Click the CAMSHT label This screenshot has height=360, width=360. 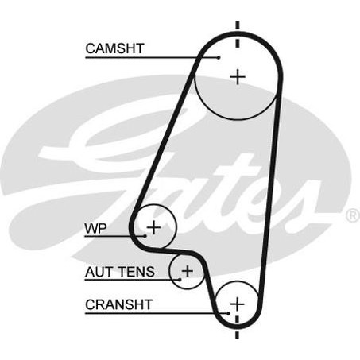click(x=114, y=48)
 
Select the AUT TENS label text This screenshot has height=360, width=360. click(x=120, y=272)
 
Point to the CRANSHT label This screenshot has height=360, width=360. click(x=118, y=304)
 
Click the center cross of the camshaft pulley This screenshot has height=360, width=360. click(x=238, y=77)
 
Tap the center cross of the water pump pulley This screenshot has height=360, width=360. click(x=153, y=227)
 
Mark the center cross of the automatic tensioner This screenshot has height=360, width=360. click(x=188, y=271)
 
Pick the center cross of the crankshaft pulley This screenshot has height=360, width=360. click(x=237, y=304)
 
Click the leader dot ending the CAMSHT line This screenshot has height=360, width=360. click(x=219, y=57)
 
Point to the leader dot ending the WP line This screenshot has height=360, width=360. click(x=145, y=236)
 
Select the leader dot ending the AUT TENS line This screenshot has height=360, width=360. click(x=180, y=280)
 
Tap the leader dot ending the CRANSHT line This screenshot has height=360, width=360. click(x=229, y=313)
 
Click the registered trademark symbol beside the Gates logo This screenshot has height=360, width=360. click(x=352, y=215)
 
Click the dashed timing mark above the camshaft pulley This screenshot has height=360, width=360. click(x=238, y=35)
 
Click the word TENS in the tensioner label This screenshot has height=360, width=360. click(x=137, y=272)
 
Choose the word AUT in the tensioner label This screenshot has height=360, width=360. click(x=99, y=272)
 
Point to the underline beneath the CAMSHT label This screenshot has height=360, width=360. click(x=152, y=57)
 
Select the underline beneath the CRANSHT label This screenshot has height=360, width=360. click(x=157, y=313)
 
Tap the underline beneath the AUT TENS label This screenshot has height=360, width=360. click(x=132, y=280)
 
